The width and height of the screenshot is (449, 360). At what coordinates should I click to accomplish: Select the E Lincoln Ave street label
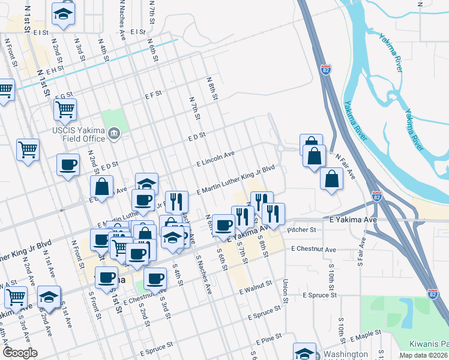click(x=215, y=158)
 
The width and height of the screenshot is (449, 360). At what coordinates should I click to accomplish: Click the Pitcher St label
click(x=302, y=229)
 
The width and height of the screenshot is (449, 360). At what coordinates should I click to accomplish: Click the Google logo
click(x=20, y=353)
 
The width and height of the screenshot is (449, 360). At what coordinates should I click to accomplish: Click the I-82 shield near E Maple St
click(x=433, y=293)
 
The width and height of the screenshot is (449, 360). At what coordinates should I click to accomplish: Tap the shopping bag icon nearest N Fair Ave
click(x=331, y=178)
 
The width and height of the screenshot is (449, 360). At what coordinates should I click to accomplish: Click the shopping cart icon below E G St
click(x=65, y=109)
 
